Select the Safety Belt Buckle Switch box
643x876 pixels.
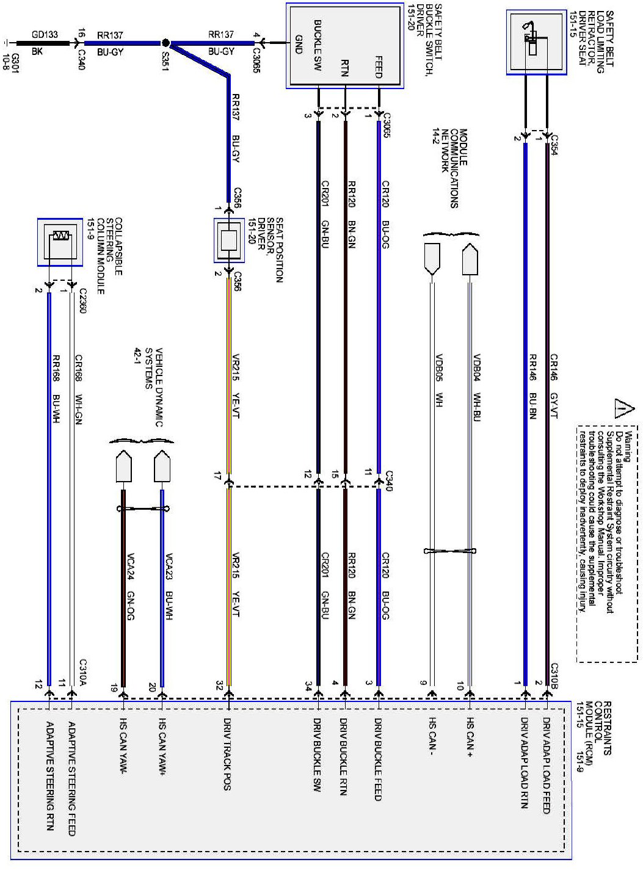coord(345,46)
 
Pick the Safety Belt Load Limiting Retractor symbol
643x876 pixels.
coord(536,42)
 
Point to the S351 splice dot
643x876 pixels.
coord(165,43)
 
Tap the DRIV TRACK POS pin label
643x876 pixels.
coord(227,754)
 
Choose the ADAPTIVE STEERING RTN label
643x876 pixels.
coord(49,776)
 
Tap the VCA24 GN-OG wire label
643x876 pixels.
coord(130,587)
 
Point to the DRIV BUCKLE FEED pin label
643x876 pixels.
coord(379,759)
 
